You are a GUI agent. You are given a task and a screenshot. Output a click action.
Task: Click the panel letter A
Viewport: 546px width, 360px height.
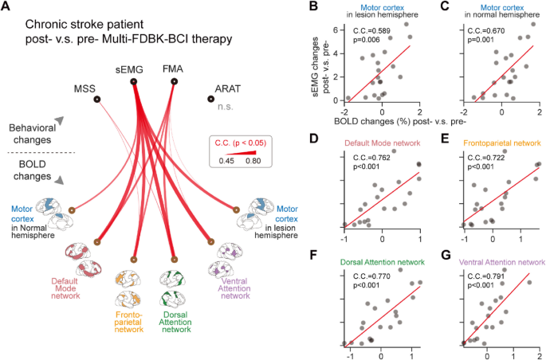click(x=8, y=8)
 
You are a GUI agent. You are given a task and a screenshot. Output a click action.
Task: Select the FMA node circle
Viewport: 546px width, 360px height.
click(x=174, y=81)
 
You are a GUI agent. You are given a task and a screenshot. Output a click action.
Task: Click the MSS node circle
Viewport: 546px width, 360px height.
click(x=96, y=100)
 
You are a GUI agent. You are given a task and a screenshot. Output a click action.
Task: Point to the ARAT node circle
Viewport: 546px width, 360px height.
click(x=210, y=100)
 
